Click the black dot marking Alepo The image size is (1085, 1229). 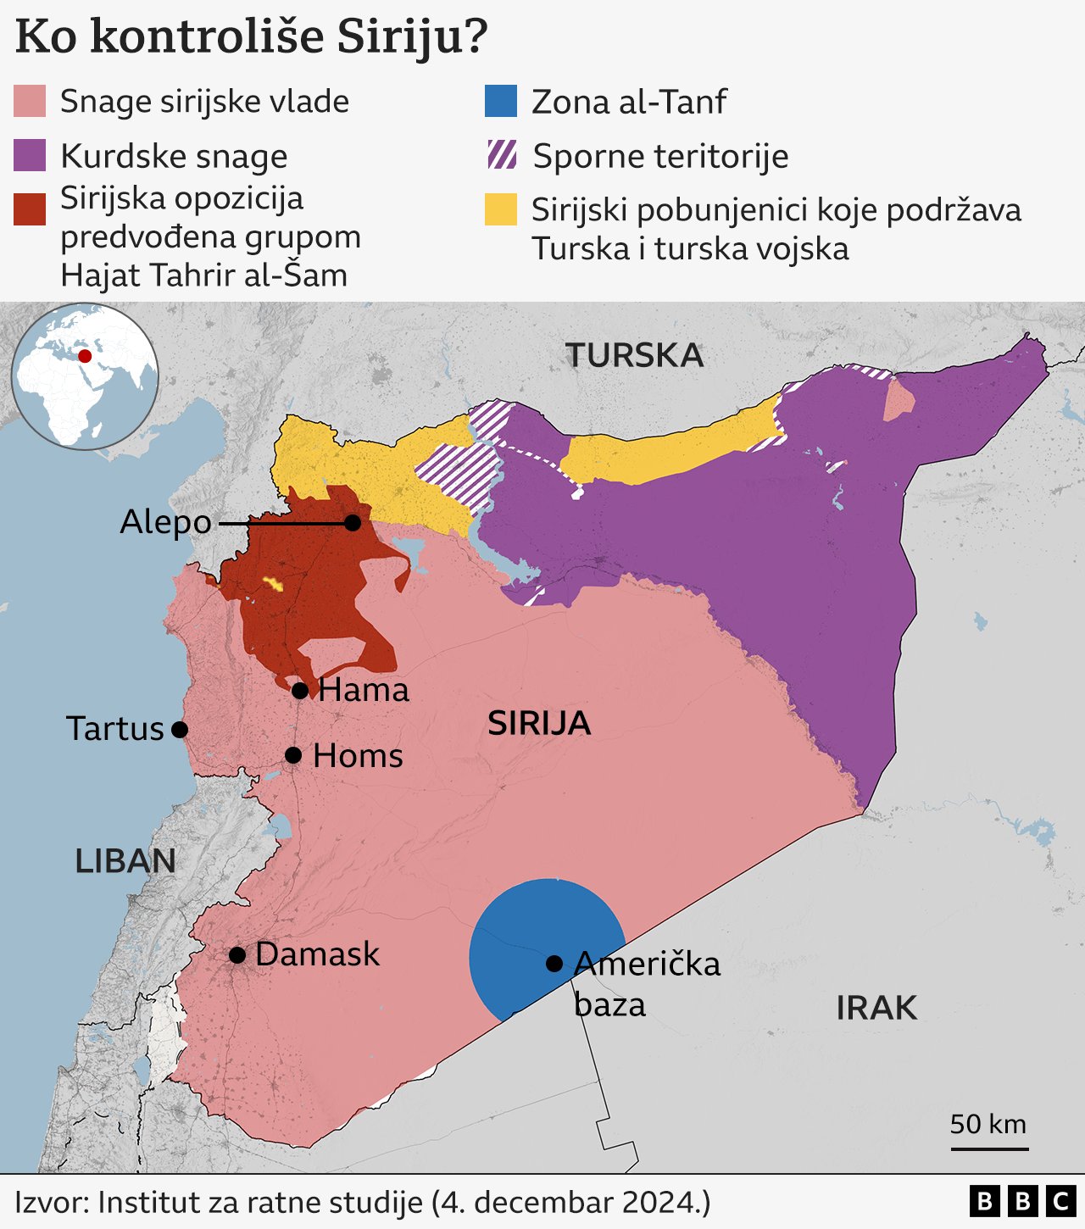click(x=353, y=523)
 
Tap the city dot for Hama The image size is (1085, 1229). click(x=300, y=691)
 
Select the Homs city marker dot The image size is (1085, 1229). click(x=293, y=755)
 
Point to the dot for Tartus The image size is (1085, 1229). click(x=180, y=729)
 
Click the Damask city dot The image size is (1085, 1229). click(x=237, y=955)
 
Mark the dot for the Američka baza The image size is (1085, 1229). click(x=554, y=964)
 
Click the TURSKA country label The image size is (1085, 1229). click(x=634, y=355)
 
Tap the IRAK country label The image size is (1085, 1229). click(x=876, y=1008)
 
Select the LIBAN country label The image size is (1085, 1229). click(x=125, y=861)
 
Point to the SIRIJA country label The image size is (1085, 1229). click(x=539, y=723)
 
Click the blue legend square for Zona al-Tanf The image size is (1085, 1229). click(x=501, y=101)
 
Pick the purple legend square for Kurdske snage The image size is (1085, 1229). click(x=30, y=156)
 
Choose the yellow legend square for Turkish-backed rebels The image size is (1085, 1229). click(x=501, y=209)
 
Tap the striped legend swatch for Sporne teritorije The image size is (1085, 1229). click(x=501, y=155)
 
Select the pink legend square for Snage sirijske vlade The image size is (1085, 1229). click(x=30, y=101)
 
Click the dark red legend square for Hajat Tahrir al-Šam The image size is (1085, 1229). click(x=30, y=209)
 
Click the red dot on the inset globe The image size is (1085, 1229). click(x=85, y=356)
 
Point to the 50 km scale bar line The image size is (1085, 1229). click(x=989, y=1149)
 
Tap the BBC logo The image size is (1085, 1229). click(x=1022, y=1201)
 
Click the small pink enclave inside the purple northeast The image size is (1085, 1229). click(x=899, y=401)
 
